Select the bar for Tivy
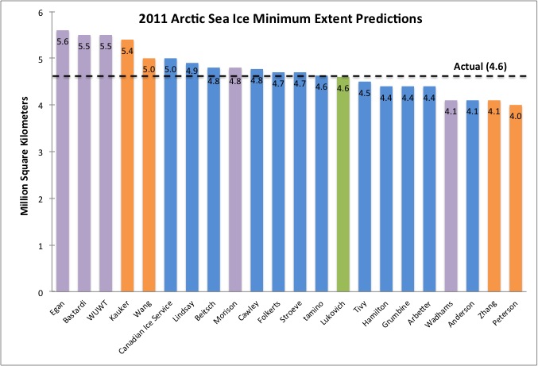365,191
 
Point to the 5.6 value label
63,42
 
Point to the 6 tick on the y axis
40,13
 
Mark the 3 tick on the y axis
40,152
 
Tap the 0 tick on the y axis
40,292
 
